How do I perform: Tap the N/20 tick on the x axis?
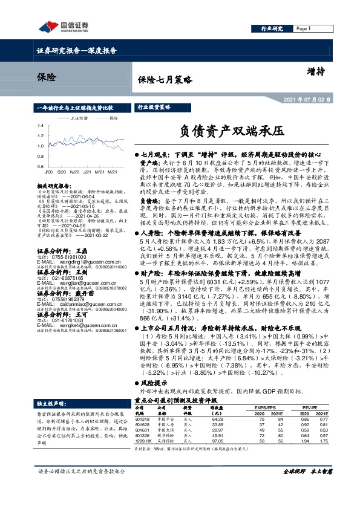76,171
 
